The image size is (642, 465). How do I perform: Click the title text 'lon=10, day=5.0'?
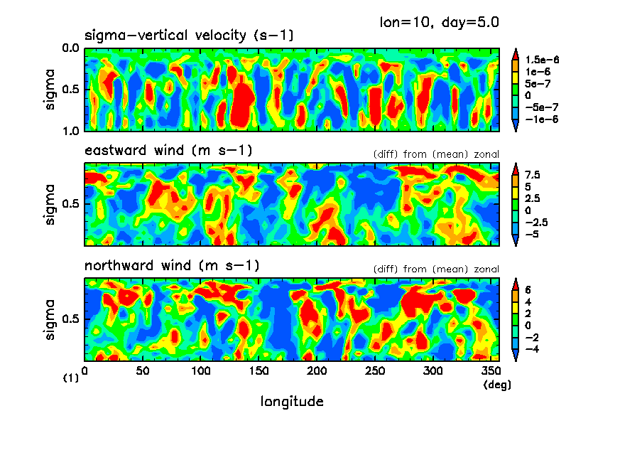click(x=440, y=22)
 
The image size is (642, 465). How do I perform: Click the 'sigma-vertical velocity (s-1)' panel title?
click(x=189, y=35)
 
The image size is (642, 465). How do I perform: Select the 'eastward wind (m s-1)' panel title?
click(x=168, y=151)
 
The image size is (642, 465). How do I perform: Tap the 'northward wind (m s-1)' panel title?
click(x=172, y=266)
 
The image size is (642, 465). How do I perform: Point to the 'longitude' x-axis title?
click(x=292, y=402)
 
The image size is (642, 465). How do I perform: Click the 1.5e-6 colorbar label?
click(x=545, y=60)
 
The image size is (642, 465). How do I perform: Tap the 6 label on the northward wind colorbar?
click(x=528, y=290)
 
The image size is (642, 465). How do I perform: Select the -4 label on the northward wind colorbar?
click(x=532, y=349)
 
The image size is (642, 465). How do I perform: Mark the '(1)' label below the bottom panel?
click(x=71, y=379)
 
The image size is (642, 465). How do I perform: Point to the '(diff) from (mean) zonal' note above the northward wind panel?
click(x=436, y=269)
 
